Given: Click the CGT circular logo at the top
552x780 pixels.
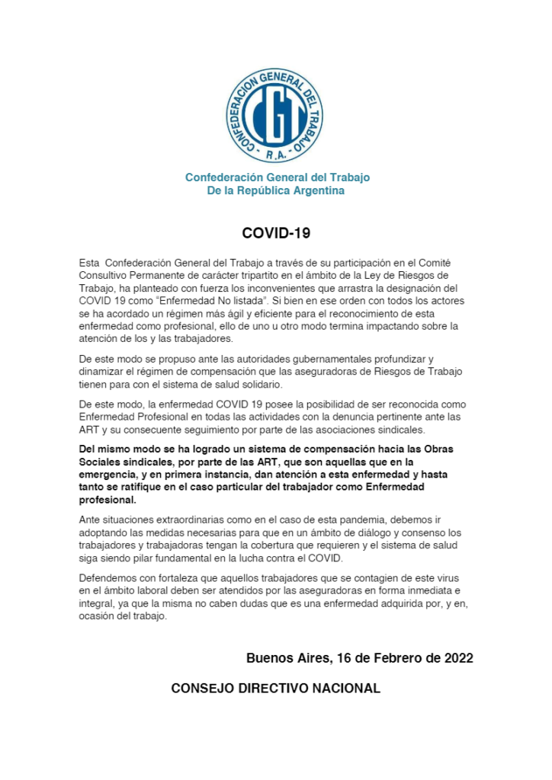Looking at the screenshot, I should click(x=275, y=115).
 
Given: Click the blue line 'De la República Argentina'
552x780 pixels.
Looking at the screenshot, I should click(x=276, y=190).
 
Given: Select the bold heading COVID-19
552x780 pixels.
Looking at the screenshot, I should click(x=276, y=233).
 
